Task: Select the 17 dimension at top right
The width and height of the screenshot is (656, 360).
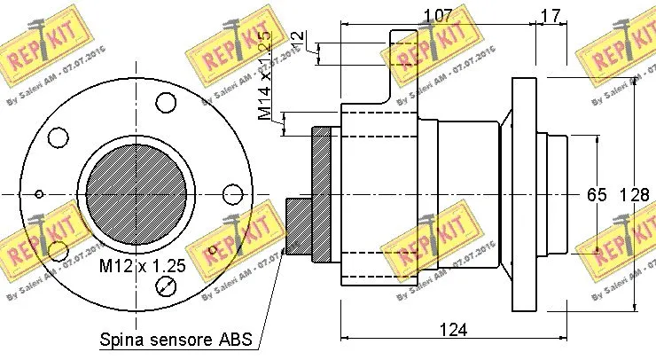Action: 550,15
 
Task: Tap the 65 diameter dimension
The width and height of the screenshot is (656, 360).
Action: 596,194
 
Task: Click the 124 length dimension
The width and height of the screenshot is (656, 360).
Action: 454,330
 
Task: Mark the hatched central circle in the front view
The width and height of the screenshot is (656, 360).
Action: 139,194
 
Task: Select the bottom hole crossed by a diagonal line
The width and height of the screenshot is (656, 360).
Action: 166,286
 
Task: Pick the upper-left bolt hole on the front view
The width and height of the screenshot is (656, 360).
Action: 59,137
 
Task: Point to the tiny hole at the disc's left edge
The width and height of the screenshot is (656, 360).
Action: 38,194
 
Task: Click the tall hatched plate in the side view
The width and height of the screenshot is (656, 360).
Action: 320,194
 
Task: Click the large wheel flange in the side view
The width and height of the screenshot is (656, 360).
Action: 525,194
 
